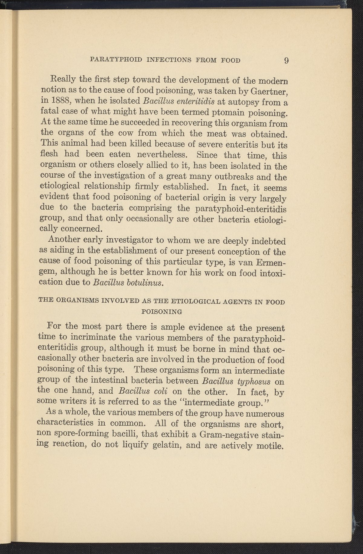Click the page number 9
tap(286, 60)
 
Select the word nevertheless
tap(163, 155)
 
